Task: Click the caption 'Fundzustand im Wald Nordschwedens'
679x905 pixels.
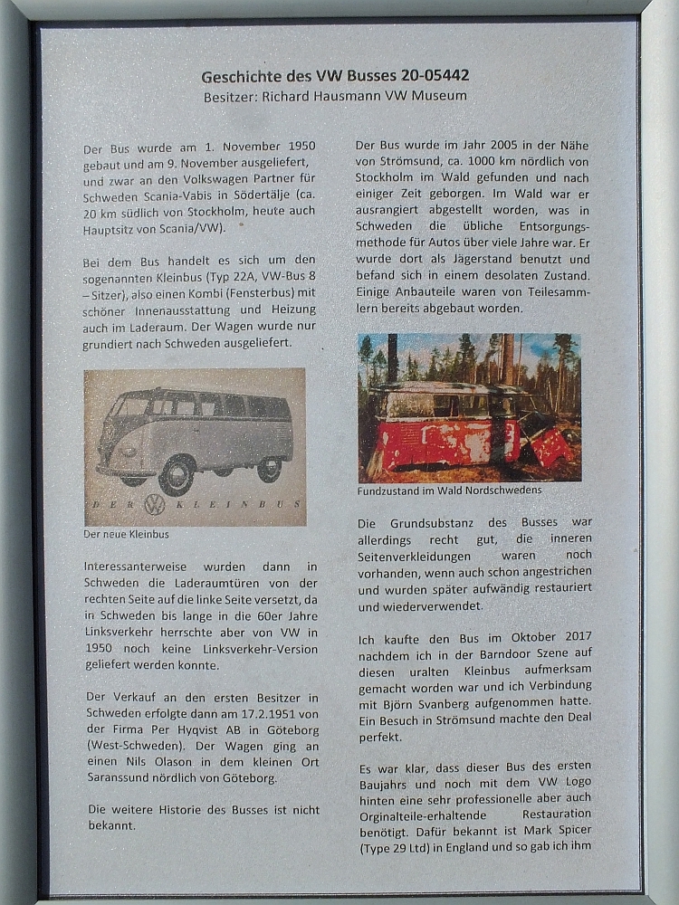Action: click(x=449, y=491)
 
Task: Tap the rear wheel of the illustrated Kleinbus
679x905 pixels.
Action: click(x=269, y=468)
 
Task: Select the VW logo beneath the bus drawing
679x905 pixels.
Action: click(x=155, y=504)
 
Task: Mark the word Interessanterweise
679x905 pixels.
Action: click(x=134, y=566)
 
